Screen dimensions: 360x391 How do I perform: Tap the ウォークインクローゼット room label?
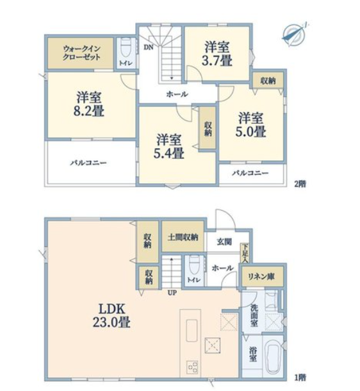point(81,53)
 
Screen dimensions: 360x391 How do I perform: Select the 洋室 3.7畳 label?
point(217,54)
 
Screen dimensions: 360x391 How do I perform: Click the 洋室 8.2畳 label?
point(88,104)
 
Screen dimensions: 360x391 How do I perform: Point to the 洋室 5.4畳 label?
point(168,147)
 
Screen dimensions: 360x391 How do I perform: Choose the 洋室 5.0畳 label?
point(251,125)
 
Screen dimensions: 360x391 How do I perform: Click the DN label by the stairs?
point(149,47)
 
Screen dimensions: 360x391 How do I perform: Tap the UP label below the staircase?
point(172,293)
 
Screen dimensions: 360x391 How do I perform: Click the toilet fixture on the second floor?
point(127,48)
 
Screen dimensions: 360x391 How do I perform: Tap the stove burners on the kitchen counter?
point(192,367)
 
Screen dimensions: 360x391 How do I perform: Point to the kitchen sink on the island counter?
point(192,330)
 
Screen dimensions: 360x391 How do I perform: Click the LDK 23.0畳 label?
point(111,316)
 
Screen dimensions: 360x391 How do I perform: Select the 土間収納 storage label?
point(183,237)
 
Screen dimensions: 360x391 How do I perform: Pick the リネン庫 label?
point(261,276)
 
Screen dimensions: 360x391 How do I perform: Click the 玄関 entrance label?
point(224,242)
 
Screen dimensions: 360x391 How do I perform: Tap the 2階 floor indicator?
point(300,184)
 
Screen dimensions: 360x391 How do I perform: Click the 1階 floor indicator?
point(300,378)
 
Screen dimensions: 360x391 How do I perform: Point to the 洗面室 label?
point(254,315)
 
